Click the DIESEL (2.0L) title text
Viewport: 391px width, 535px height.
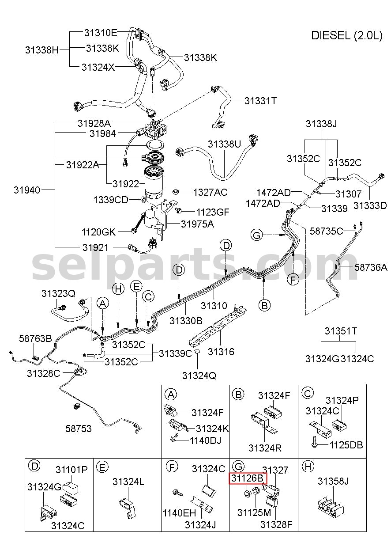(x=346, y=36)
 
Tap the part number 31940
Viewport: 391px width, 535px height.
(x=27, y=190)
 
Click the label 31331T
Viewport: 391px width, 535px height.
(x=260, y=101)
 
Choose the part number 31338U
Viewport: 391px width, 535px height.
(x=225, y=144)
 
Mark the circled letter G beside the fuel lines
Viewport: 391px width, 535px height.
(x=257, y=235)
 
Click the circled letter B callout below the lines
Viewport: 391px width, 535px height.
(x=264, y=305)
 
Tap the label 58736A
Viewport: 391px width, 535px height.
(x=371, y=267)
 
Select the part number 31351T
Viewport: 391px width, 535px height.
(x=341, y=331)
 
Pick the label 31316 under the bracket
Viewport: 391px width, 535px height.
(x=221, y=352)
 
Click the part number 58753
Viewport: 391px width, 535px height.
(x=79, y=429)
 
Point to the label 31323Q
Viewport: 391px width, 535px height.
(x=58, y=293)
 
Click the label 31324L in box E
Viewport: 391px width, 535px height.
(x=128, y=482)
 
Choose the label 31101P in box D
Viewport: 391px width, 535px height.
(x=71, y=470)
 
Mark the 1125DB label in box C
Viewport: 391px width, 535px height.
(x=346, y=445)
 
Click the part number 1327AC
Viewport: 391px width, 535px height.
(x=210, y=192)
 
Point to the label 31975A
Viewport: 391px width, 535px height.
(x=198, y=224)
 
